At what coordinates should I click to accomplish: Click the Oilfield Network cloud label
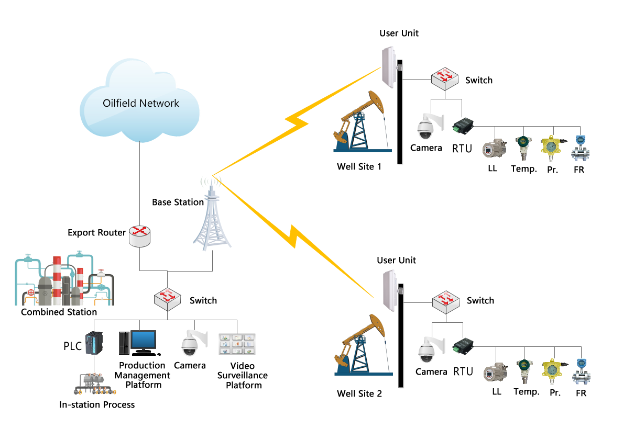pos(140,103)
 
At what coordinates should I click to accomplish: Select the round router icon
pos(139,236)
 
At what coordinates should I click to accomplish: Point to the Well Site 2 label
pos(359,393)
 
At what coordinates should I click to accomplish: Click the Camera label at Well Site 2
pos(430,372)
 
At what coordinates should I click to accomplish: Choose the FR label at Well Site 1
pos(579,170)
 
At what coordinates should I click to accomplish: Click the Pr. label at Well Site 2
pos(555,392)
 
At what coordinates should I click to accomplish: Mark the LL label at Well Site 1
pos(491,169)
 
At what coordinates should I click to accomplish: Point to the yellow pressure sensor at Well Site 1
pos(551,148)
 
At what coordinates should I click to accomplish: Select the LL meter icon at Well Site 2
pos(494,373)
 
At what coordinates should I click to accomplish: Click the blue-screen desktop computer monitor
pos(143,340)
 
